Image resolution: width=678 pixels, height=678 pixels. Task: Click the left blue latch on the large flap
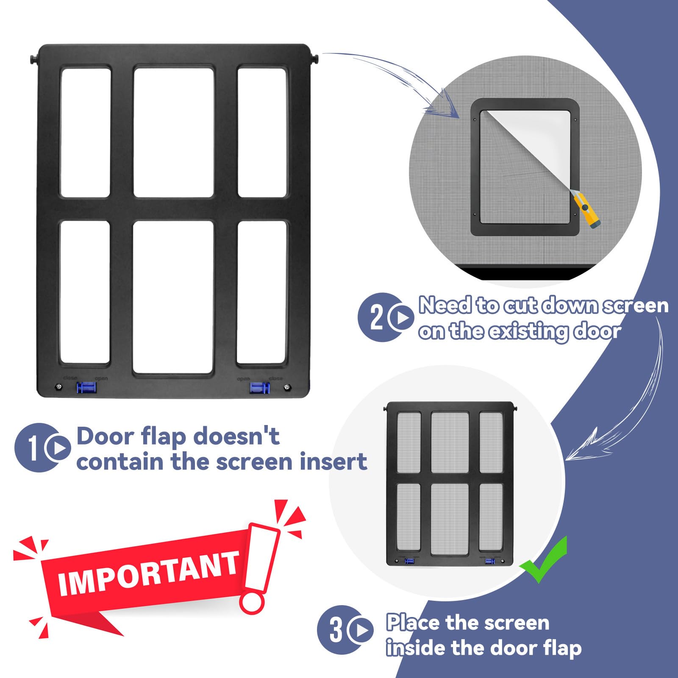(x=86, y=387)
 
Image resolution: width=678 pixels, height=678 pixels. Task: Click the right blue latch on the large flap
(x=259, y=387)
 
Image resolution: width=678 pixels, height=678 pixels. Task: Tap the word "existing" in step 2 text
(x=528, y=331)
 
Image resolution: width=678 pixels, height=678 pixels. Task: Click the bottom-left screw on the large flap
(x=58, y=386)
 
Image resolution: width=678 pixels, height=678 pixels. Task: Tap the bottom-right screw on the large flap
(x=287, y=387)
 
